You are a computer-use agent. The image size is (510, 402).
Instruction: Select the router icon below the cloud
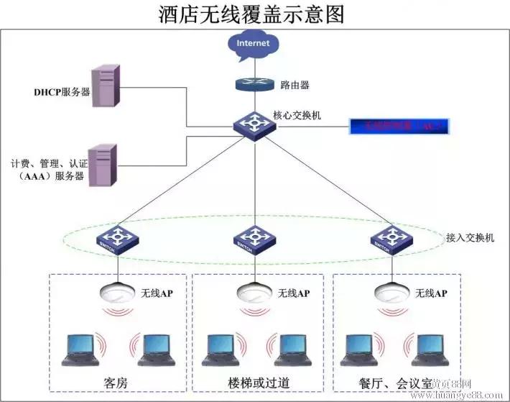254,84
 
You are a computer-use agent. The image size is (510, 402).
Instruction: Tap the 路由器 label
295,85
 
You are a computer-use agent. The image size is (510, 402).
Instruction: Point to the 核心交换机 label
297,114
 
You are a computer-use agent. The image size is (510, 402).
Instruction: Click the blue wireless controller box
399,127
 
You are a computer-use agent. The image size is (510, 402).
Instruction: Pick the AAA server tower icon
103,165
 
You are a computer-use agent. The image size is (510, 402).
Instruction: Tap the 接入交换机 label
470,237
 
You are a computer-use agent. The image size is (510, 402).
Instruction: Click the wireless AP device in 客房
116,293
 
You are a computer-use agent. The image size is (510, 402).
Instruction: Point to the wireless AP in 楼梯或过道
254,293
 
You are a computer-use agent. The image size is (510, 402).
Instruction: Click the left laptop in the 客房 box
78,350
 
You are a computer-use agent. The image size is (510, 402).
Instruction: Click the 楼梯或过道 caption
255,381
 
